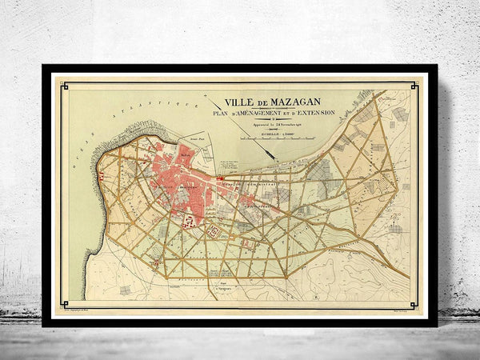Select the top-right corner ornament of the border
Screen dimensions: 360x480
tap(417, 82)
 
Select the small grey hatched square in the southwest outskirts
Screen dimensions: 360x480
tap(125, 290)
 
